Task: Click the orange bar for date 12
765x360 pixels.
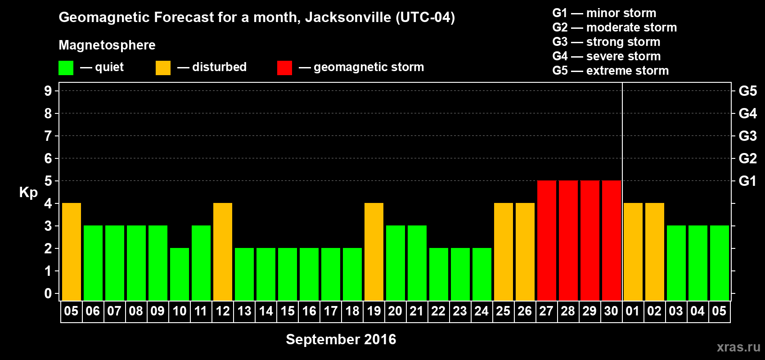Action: coord(223,252)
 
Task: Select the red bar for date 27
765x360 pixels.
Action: coord(547,240)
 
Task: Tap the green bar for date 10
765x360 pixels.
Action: coord(180,274)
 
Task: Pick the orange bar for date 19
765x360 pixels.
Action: coord(374,252)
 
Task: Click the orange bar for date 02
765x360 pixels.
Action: coord(655,252)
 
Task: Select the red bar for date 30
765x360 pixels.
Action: coord(612,240)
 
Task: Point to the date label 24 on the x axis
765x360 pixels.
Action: coord(481,311)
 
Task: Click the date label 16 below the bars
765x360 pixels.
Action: coord(309,311)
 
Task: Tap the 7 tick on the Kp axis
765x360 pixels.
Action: coord(48,136)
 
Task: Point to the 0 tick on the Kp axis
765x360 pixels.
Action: coord(48,293)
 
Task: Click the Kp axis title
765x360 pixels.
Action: coord(28,193)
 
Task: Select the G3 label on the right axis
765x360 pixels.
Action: coord(747,136)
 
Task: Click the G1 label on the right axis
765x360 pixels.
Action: coord(747,181)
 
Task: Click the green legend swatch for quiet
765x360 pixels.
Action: coord(66,68)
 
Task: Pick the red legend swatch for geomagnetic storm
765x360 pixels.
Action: coord(284,68)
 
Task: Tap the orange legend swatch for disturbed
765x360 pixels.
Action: coord(163,68)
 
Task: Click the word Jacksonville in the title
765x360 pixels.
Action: coord(348,18)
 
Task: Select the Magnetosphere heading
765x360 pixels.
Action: coord(107,45)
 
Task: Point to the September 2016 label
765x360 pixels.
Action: coord(341,339)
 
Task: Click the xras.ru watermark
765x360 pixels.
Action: coord(738,347)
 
